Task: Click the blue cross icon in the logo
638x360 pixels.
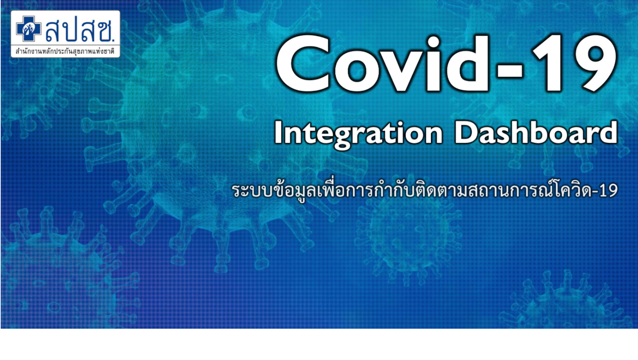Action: pyautogui.click(x=28, y=29)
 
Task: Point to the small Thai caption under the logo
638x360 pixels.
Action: pyautogui.click(x=65, y=51)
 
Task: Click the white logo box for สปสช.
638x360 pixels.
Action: pyautogui.click(x=65, y=34)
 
